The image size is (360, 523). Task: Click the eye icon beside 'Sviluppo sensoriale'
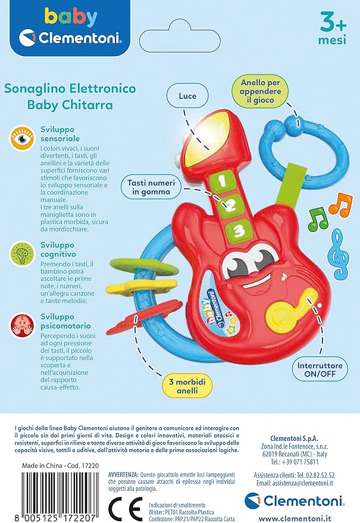point(21,137)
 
